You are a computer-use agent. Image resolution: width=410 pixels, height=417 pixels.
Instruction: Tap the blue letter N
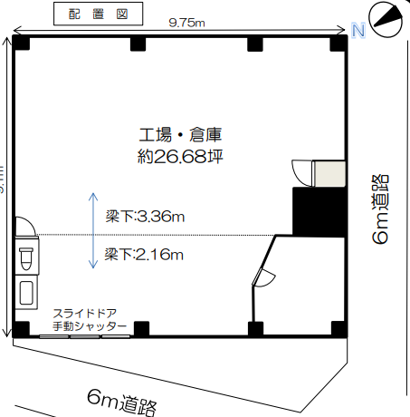point(358,33)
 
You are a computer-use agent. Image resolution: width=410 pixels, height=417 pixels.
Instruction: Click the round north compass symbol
point(386,17)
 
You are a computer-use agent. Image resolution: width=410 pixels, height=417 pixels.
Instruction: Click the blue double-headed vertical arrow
point(93,230)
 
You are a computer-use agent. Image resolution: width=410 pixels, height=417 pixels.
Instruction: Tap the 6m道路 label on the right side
point(381,209)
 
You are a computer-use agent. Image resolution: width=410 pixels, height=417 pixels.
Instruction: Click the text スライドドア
point(89,313)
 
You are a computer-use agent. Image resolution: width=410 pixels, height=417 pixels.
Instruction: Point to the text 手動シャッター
point(89,325)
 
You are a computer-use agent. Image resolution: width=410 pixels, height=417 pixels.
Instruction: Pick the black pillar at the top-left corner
point(20,43)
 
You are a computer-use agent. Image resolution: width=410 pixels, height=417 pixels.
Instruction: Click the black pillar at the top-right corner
point(338,43)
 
